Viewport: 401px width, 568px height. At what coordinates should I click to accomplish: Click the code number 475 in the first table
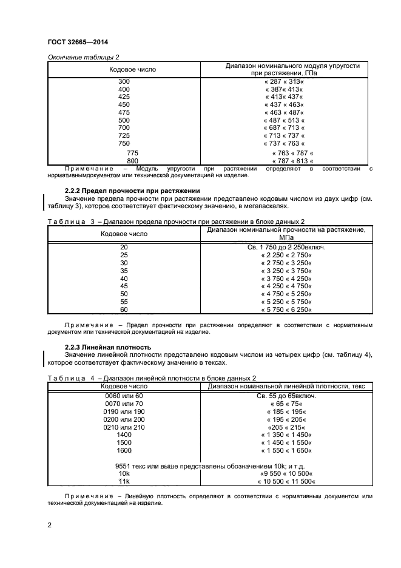click(124, 112)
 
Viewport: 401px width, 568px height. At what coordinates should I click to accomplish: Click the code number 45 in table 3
click(124, 286)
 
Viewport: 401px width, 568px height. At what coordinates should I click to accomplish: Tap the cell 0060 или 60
click(124, 395)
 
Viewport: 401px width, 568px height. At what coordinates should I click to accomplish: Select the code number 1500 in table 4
click(124, 442)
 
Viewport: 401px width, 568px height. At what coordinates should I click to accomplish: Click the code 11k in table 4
click(124, 481)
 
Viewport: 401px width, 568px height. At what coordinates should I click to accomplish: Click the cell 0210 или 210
click(124, 427)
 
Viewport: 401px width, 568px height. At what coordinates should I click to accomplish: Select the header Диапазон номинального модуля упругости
click(293, 65)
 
